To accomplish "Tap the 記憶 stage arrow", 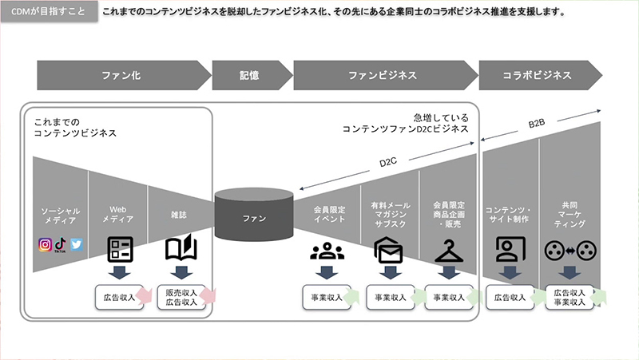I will click(x=249, y=76).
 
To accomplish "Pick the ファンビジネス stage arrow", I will click(x=383, y=76).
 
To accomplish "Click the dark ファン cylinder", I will click(x=254, y=216).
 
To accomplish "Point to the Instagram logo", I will click(x=46, y=245).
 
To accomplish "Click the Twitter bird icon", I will click(x=77, y=245).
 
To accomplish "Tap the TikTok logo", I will click(x=61, y=244).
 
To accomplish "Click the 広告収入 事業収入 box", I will click(x=570, y=297).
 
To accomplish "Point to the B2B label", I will click(x=537, y=124).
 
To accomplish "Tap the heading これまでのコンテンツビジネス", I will click(x=75, y=127).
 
